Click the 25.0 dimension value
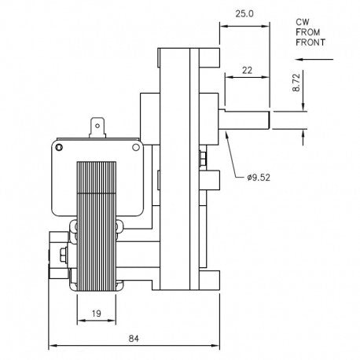[244, 13]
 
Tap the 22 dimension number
[247, 70]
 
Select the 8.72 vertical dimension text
[296, 83]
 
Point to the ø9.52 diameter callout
[259, 178]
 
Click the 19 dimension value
[97, 313]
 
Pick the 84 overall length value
[134, 339]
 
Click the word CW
[303, 22]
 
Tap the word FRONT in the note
[310, 42]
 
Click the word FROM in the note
[308, 32]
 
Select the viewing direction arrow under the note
[314, 60]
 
